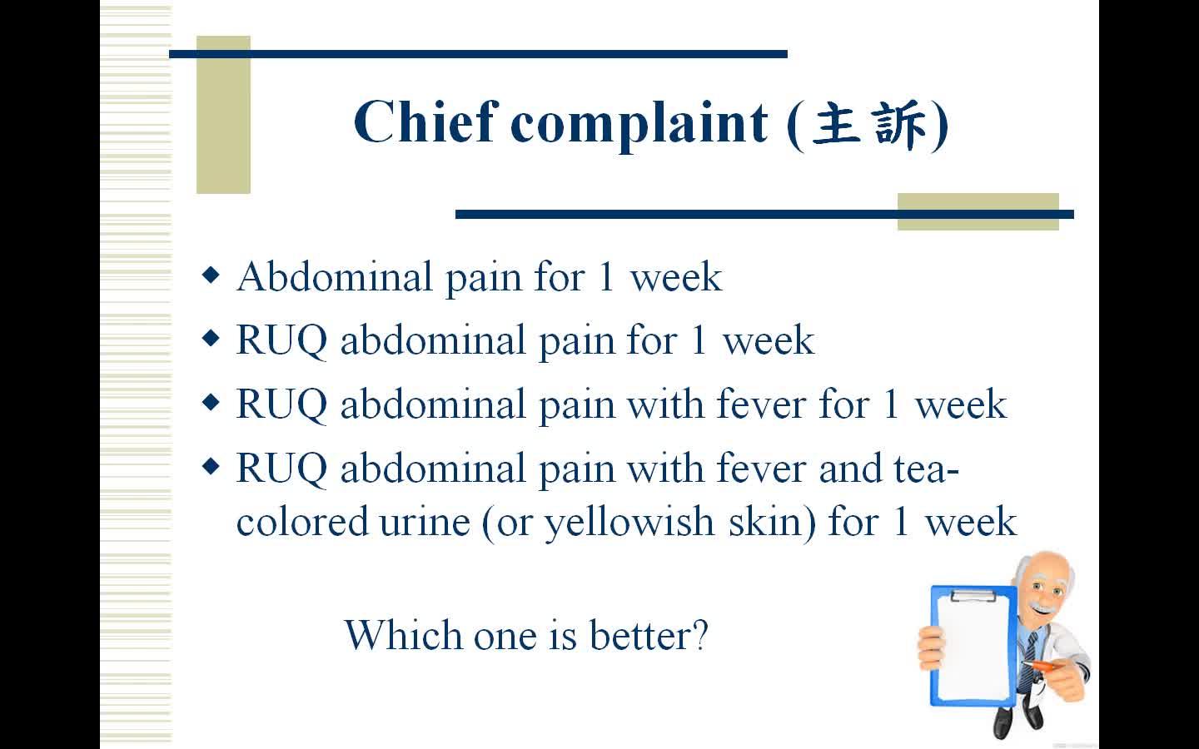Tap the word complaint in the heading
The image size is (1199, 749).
point(639,126)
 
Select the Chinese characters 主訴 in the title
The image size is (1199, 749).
point(868,125)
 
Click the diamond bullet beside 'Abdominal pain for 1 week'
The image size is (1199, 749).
point(211,275)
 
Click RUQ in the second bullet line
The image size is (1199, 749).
point(281,341)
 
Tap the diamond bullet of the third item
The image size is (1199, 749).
point(211,402)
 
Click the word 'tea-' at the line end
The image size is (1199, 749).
point(927,468)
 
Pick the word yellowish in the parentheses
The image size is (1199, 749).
point(629,523)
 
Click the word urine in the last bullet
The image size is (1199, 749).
point(425,522)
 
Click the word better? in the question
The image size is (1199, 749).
point(649,635)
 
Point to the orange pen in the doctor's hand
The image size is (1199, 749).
point(1038,666)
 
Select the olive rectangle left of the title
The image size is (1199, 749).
point(223,115)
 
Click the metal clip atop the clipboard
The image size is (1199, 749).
point(973,595)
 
